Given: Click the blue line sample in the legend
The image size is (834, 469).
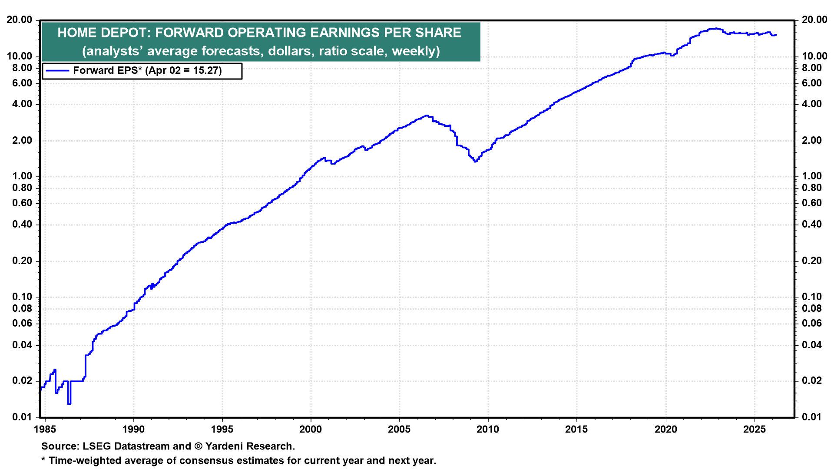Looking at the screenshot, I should coord(57,71).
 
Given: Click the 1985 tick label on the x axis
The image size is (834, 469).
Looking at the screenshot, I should coord(45,429).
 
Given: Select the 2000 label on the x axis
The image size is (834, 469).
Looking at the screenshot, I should coord(311,429).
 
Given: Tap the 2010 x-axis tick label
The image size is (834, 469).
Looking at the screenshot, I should coord(488,429).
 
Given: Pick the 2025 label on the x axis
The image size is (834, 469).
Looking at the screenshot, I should coord(754,429).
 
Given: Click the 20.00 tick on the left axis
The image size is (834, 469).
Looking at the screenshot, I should coord(20,20).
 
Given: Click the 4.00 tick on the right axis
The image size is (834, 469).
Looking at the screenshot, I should coord(811,104).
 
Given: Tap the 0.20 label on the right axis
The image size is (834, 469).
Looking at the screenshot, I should coord(811,261).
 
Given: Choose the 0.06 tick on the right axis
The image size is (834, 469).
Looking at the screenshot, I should coord(811,324).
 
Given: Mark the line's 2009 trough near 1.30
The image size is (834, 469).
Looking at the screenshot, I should coord(475,161).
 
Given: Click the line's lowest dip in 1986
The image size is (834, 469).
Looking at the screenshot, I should coord(69,403).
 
